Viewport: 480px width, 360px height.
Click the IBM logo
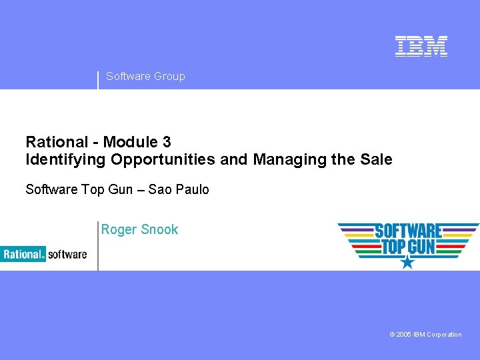coord(421,46)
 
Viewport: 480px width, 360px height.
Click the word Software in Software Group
coord(128,76)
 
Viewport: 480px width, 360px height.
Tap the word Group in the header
coord(169,76)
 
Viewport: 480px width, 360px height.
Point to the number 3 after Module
coord(166,142)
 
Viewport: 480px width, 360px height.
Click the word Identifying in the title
coord(66,160)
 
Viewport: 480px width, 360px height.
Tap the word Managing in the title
coord(282,160)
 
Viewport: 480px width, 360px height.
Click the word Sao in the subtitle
coord(159,189)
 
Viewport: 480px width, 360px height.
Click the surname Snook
coord(160,229)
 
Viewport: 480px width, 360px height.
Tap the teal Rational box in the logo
coord(23,254)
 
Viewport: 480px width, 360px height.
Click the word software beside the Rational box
coord(67,254)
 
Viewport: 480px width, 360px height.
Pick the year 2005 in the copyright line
coord(403,335)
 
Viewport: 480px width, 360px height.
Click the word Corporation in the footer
coord(443,335)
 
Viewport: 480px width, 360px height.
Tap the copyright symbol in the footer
coord(392,335)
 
